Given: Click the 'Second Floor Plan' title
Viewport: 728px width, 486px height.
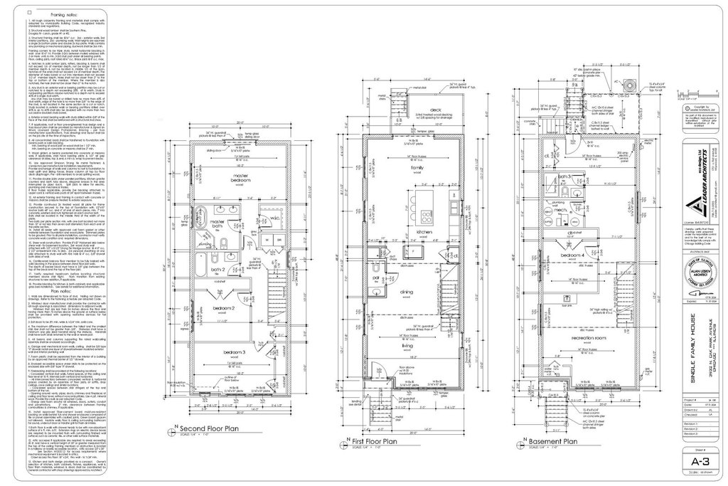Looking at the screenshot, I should point(212,450).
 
